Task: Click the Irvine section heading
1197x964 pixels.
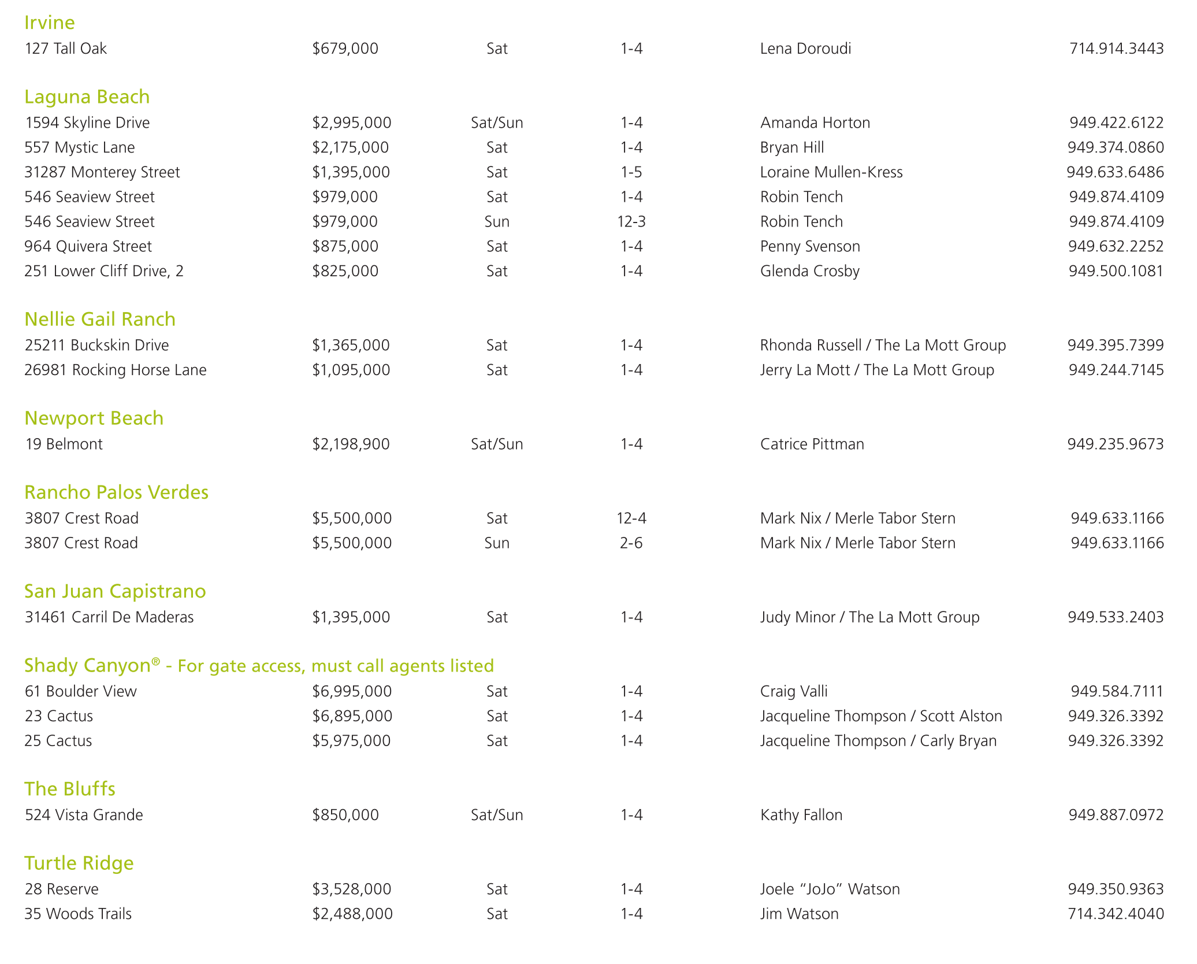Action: point(50,23)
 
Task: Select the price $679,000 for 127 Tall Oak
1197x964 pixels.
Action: point(345,49)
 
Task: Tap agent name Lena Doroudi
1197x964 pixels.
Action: point(805,49)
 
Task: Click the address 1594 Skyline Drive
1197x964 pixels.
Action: point(87,123)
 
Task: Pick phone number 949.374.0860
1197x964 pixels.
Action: point(1116,147)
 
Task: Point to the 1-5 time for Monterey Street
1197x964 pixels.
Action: point(631,172)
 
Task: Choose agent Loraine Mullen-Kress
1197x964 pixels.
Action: point(831,172)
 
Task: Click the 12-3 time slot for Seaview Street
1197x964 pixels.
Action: point(631,222)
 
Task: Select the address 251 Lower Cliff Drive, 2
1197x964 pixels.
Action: point(104,271)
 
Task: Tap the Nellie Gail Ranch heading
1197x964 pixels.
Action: point(100,319)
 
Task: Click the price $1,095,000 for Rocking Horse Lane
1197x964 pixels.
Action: point(351,370)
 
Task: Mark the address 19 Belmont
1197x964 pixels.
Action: point(64,444)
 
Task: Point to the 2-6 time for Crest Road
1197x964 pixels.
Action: point(631,543)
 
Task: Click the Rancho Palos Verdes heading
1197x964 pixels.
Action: point(116,492)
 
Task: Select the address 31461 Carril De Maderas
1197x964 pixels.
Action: point(109,617)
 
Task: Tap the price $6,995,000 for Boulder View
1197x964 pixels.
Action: point(352,691)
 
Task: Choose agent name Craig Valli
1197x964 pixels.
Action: point(794,691)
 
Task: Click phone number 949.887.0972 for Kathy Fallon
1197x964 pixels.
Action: point(1116,815)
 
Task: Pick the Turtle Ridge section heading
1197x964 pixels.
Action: point(79,863)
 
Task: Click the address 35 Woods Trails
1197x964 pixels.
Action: point(78,914)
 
